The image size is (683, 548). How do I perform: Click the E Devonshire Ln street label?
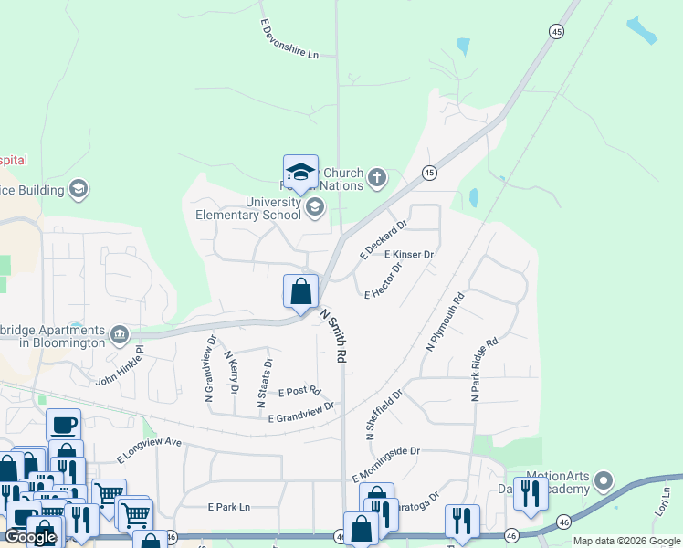pos(289,39)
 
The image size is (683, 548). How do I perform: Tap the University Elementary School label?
pos(248,208)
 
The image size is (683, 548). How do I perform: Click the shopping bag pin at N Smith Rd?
pos(301,292)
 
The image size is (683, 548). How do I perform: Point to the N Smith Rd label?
pos(334,335)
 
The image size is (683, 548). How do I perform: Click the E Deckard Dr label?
pos(383,238)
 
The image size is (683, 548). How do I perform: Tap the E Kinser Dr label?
pos(408,254)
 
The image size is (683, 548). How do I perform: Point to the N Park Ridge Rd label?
pos(485,370)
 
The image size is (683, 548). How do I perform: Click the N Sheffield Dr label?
pos(384,416)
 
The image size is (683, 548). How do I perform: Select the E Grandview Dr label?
pos(302,411)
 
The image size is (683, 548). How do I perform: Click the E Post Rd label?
pos(299,391)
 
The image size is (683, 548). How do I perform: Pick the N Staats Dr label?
pos(268,374)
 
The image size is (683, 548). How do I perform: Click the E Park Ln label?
pos(228,506)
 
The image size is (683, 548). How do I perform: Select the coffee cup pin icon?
pos(63,425)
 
